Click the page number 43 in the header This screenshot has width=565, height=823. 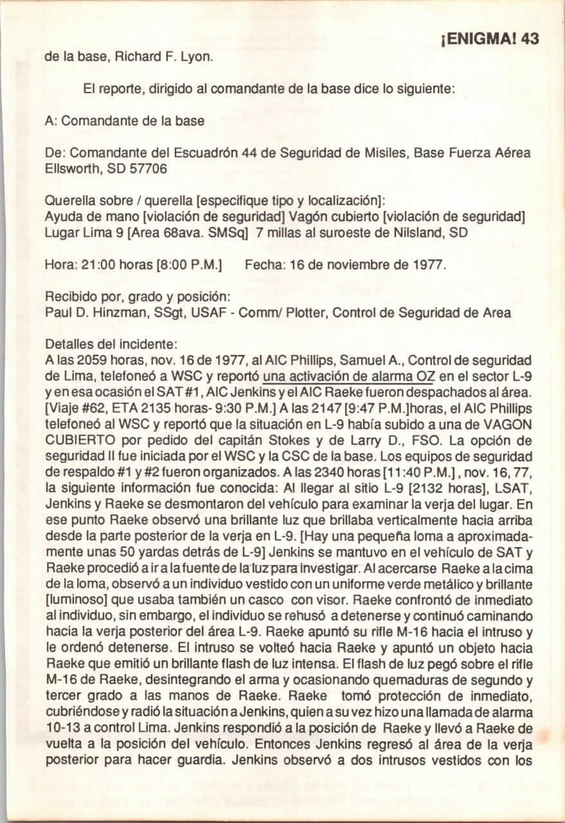pos(530,39)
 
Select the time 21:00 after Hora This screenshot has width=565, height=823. pos(84,264)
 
